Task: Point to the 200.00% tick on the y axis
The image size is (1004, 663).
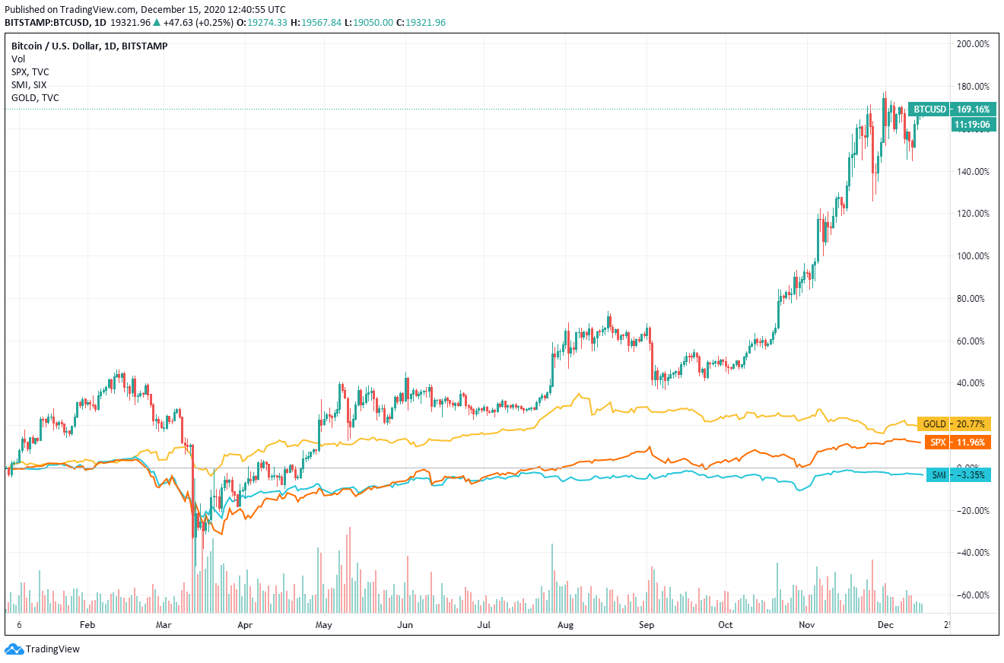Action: click(x=973, y=44)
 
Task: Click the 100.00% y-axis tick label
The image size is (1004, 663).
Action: click(x=973, y=256)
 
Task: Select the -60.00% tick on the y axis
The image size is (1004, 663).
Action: click(x=973, y=595)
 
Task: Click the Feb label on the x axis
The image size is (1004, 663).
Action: click(x=87, y=624)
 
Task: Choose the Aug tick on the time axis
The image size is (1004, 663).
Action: click(x=565, y=624)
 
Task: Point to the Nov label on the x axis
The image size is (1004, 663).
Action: click(x=807, y=624)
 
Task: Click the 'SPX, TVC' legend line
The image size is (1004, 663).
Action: click(x=30, y=71)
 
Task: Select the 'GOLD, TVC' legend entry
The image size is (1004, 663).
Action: click(x=35, y=97)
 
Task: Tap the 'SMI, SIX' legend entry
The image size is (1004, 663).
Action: click(x=29, y=84)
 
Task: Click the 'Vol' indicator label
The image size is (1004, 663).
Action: click(x=17, y=59)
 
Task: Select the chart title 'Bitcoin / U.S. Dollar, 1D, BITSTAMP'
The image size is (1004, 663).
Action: click(x=89, y=46)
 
